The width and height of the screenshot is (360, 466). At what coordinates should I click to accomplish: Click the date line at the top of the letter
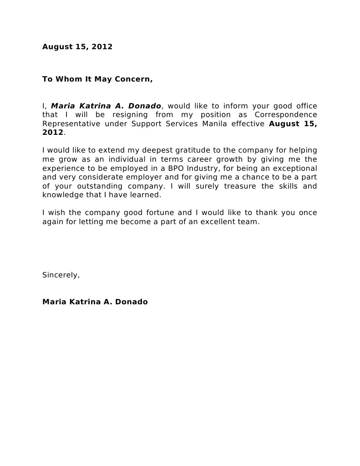(x=77, y=47)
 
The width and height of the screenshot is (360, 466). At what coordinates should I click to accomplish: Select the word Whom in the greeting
(x=68, y=79)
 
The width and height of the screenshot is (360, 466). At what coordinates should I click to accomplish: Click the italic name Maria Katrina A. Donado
(x=106, y=106)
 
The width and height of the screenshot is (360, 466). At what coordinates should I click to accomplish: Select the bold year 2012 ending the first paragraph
(x=53, y=133)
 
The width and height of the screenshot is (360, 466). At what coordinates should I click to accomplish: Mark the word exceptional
(x=294, y=168)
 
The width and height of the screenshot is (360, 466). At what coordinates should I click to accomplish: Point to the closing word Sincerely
(x=61, y=275)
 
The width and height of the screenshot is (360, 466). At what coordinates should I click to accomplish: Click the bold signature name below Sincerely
(x=95, y=302)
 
